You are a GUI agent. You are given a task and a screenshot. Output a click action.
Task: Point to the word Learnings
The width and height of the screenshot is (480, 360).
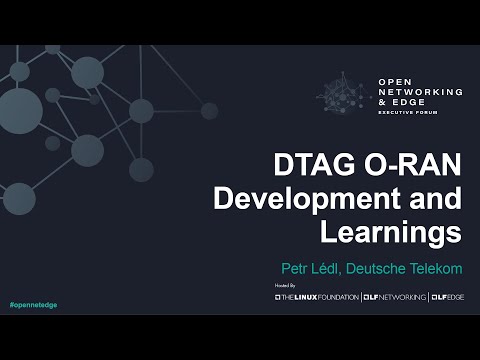(x=391, y=232)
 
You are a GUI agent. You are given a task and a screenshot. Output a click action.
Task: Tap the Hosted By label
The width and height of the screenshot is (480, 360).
(x=285, y=286)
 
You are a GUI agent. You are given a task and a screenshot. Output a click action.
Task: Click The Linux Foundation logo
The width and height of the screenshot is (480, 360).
(x=316, y=297)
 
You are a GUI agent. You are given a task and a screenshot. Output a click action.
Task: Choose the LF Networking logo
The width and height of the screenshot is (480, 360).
(x=394, y=297)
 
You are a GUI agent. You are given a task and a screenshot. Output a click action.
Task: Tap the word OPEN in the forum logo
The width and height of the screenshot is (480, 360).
(x=395, y=81)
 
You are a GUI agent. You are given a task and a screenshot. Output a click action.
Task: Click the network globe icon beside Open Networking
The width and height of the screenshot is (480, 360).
(x=346, y=96)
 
